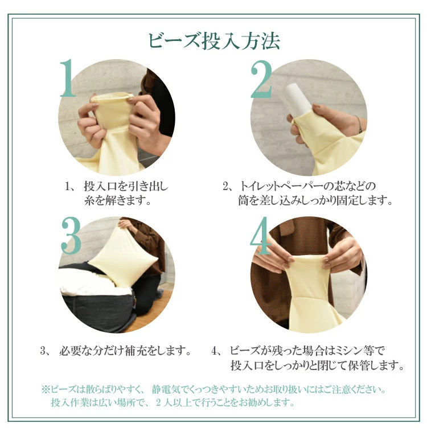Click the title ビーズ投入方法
tap(214, 41)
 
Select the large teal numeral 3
tap(71, 235)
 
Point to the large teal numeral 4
tap(261, 235)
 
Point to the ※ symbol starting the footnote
tap(46, 389)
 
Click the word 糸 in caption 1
tap(89, 200)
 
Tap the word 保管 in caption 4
tap(359, 365)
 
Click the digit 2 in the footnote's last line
tap(159, 402)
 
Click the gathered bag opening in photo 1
tap(112, 98)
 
